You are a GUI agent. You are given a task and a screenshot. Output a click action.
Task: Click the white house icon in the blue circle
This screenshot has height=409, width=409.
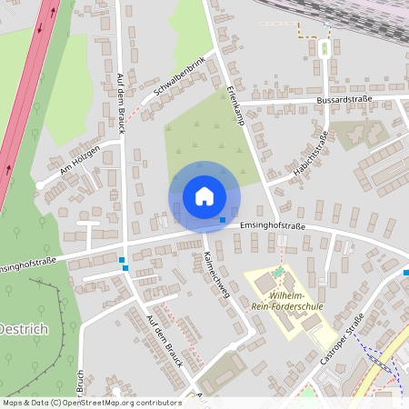pos(204,195)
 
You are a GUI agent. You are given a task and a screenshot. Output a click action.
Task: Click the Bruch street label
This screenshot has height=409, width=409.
pos(80,382)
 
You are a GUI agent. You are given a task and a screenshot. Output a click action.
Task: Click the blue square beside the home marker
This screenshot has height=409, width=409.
pos(223,219)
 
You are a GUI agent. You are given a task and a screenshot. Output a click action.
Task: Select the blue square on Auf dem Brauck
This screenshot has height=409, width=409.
pos(123,261)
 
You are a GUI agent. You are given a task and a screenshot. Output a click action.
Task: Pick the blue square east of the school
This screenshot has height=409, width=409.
pos(405,270)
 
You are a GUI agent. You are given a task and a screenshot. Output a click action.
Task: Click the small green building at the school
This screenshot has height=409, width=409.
pos(278,272)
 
